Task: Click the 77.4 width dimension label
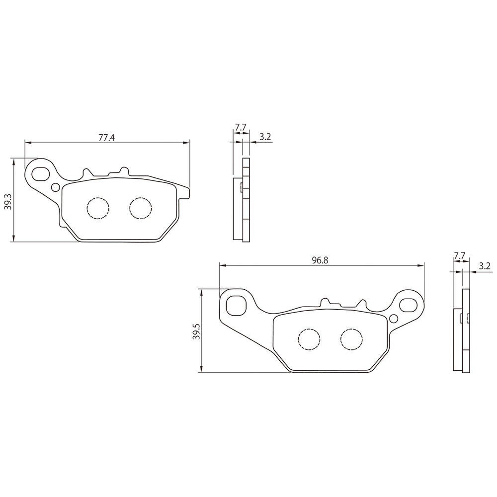point(106,138)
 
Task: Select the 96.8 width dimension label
point(320,260)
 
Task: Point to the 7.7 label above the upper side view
point(241,127)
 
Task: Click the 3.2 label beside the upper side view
point(265,137)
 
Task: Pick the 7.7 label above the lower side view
point(459,255)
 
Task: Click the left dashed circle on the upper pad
point(98,208)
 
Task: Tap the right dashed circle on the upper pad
point(141,208)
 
